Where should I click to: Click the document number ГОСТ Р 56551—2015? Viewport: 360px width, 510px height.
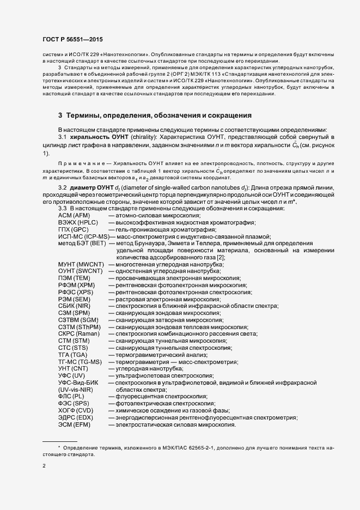click(x=72, y=40)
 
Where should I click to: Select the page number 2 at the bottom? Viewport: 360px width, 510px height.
click(x=44, y=466)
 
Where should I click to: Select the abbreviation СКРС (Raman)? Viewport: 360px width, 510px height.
click(x=79, y=333)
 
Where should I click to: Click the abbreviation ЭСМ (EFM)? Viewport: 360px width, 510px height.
click(x=75, y=424)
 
